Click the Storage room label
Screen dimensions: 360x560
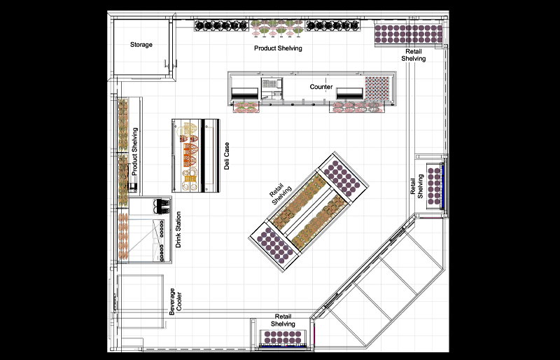click(x=141, y=45)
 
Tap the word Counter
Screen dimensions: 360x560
click(x=321, y=87)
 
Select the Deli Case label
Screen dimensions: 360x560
click(x=227, y=155)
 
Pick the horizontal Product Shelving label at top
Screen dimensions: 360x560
click(x=278, y=48)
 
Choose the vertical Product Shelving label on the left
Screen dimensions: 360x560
click(x=134, y=151)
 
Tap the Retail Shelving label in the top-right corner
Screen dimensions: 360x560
click(x=413, y=55)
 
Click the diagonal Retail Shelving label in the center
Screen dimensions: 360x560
click(x=280, y=196)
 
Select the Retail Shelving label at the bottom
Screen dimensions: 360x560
click(x=283, y=320)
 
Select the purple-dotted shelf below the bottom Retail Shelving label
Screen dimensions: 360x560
click(x=283, y=339)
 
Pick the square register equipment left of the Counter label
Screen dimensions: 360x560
click(x=271, y=88)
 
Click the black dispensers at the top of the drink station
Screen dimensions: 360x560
click(x=162, y=205)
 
